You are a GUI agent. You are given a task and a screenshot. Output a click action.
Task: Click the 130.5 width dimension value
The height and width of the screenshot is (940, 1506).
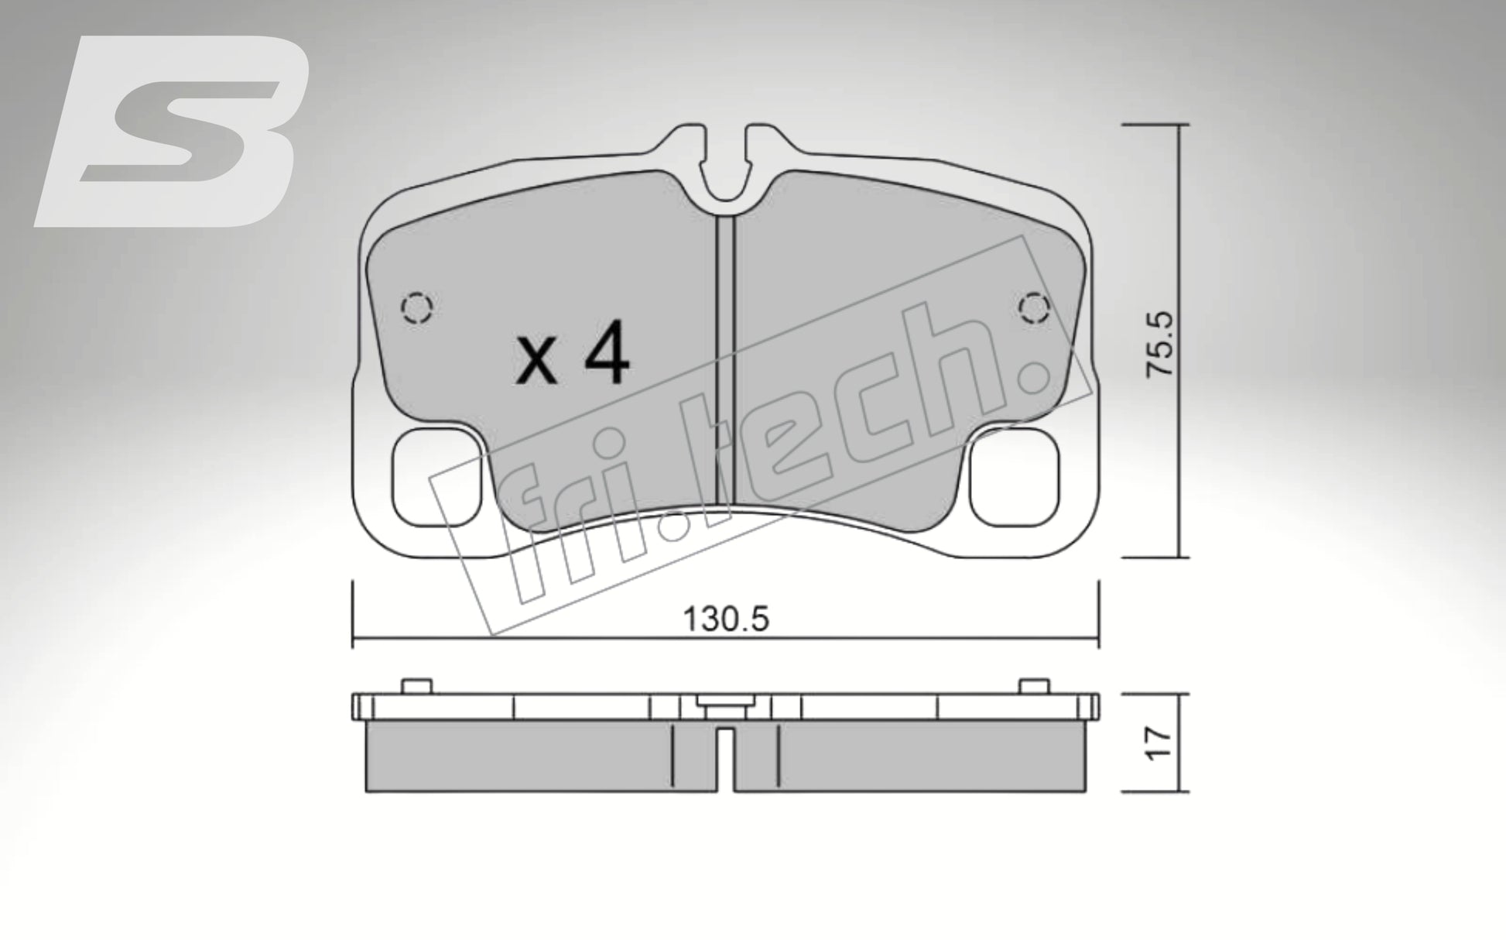(725, 619)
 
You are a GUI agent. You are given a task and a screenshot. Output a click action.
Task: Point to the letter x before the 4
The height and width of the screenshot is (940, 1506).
(536, 362)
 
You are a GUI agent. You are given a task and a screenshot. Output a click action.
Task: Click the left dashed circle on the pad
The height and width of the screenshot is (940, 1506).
(417, 309)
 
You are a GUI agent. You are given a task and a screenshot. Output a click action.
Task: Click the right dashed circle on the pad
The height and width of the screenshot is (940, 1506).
(1033, 309)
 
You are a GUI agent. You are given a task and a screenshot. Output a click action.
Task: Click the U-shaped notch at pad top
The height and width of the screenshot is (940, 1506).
(725, 174)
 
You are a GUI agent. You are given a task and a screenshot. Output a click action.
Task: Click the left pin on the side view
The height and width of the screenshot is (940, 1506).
(416, 685)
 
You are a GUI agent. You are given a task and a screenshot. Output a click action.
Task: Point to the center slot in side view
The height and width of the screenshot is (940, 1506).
(725, 759)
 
